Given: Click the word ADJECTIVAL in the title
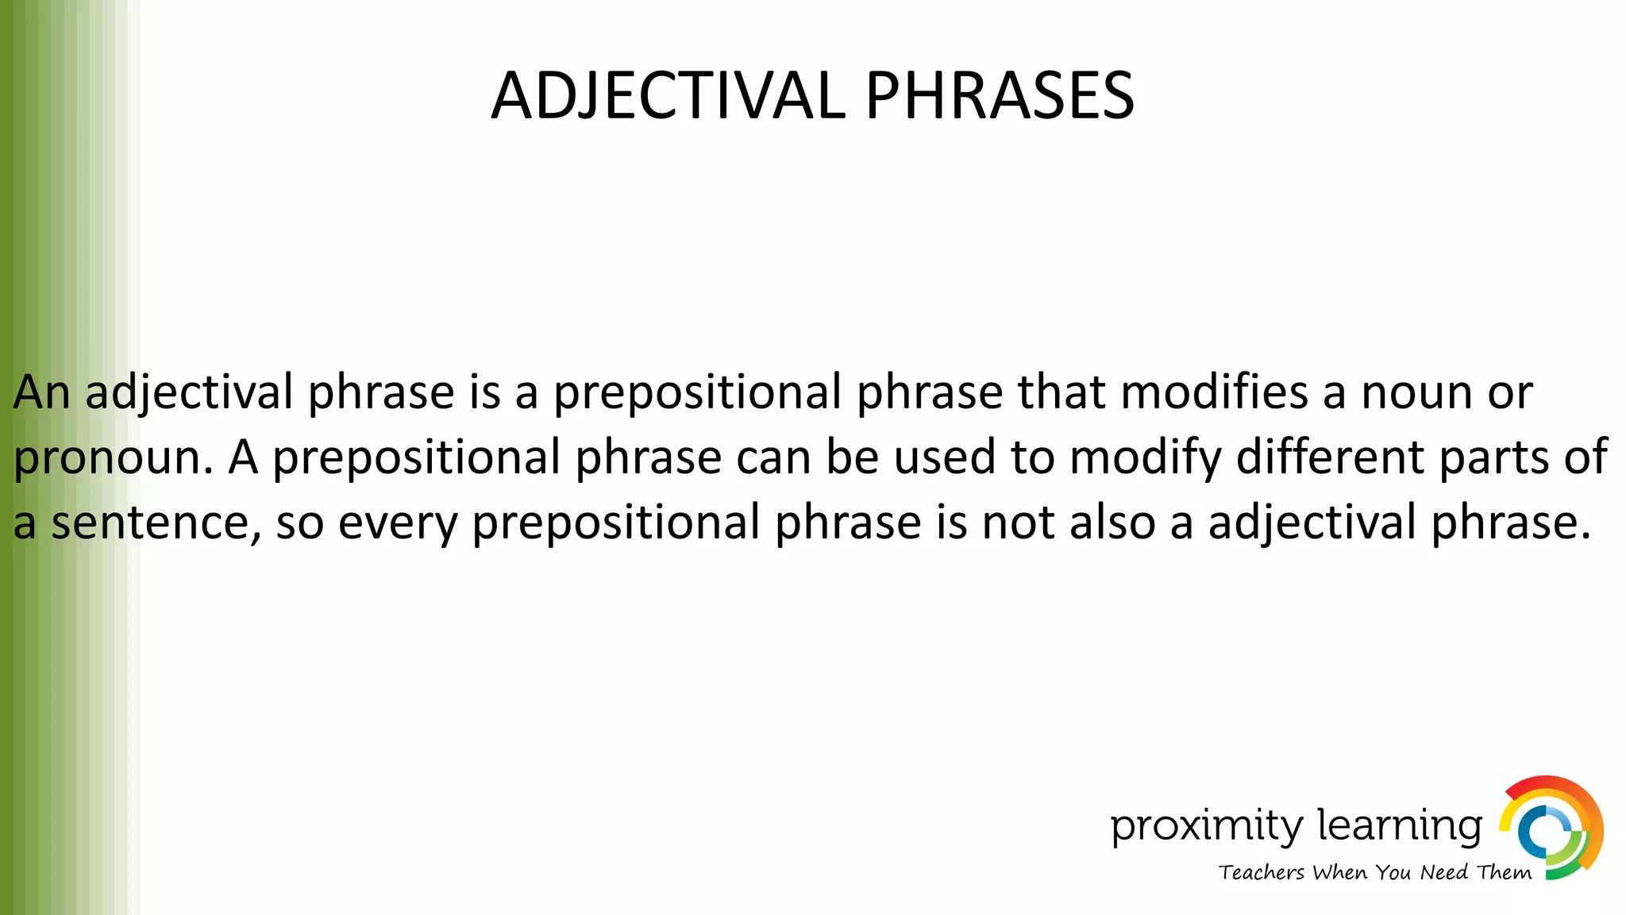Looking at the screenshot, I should (669, 95).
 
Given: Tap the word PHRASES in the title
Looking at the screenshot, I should (1000, 95).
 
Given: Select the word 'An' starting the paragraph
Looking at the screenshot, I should (41, 392).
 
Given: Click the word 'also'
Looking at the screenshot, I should (1109, 523).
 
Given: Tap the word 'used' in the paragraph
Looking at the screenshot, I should (945, 457).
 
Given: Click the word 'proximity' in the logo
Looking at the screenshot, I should (1206, 827).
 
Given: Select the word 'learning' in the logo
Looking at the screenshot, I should (1400, 825).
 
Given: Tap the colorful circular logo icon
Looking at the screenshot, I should (1551, 828).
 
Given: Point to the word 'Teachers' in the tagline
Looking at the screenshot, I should (1262, 872).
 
